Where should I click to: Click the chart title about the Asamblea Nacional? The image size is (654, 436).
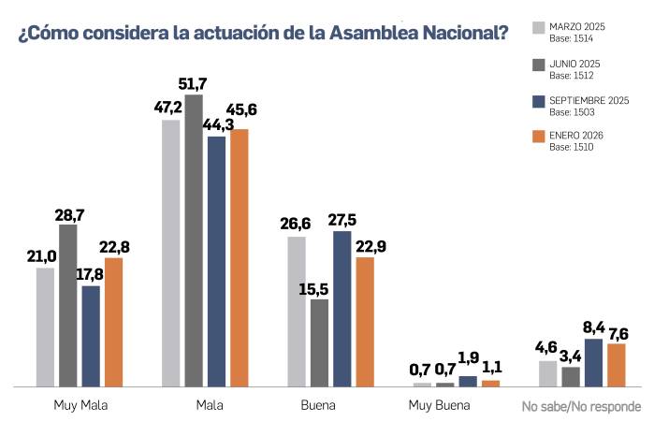pos(263,34)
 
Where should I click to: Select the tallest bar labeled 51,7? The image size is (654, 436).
pos(194,240)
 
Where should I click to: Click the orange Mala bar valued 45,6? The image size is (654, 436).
pos(240,257)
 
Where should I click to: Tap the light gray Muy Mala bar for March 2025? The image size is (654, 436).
pos(46,327)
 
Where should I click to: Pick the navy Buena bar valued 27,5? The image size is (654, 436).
pos(342,308)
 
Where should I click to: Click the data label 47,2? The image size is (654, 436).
pos(169,108)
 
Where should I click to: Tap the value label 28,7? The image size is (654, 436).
pos(69,215)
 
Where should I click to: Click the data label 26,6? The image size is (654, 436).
pos(296,224)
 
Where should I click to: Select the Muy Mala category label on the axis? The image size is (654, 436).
pos(79,407)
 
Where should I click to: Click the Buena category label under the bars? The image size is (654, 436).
pos(318,407)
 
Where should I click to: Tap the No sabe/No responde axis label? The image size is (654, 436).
pos(581,407)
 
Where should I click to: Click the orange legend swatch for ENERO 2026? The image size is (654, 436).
pos(538,138)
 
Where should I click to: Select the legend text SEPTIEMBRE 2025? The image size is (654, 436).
pos(589,99)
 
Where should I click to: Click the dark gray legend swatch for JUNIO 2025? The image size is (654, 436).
pos(538,65)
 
